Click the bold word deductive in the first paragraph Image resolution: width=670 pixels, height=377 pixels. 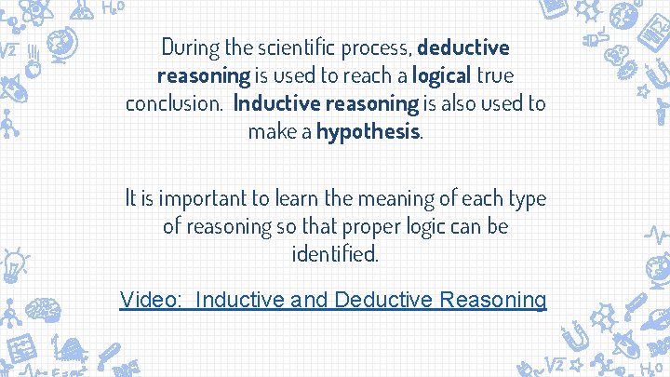(x=463, y=47)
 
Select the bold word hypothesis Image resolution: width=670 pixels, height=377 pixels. (x=368, y=132)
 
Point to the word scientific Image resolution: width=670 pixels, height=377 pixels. (x=308, y=47)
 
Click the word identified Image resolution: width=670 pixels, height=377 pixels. (x=335, y=254)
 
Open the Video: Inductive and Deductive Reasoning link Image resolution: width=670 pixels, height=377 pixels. (x=333, y=300)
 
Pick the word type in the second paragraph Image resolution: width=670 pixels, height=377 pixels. (x=525, y=197)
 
